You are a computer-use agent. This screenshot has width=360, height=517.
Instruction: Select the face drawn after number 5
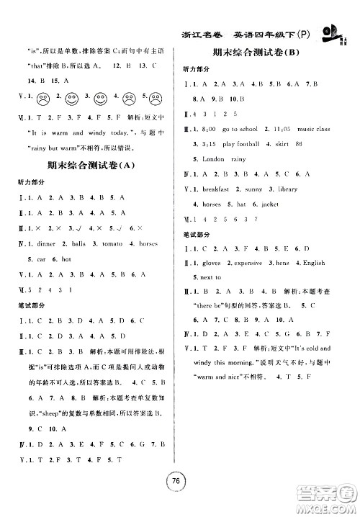click(x=160, y=95)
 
